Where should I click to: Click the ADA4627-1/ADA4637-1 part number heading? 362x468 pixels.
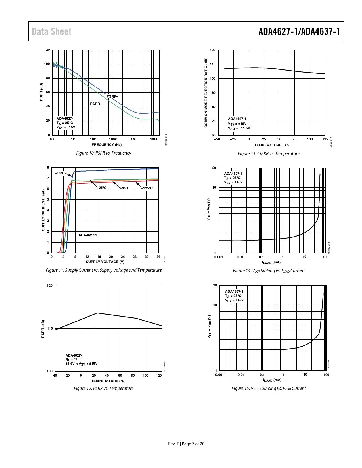pyautogui.click(x=299, y=31)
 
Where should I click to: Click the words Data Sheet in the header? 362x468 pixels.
pyautogui.click(x=52, y=31)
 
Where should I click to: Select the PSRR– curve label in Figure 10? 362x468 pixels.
pyautogui.click(x=112, y=96)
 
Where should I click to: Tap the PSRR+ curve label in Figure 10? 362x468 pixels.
pyautogui.click(x=96, y=104)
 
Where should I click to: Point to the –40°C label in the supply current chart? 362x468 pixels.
pyautogui.click(x=60, y=173)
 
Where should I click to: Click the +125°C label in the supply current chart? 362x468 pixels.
pyautogui.click(x=147, y=188)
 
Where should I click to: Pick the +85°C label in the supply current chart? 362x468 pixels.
pyautogui.click(x=125, y=188)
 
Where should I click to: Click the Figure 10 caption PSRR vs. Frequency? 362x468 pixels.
pyautogui.click(x=104, y=153)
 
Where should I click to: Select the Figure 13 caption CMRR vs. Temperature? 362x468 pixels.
pyautogui.click(x=269, y=154)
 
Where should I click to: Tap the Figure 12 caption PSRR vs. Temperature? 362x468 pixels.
pyautogui.click(x=104, y=389)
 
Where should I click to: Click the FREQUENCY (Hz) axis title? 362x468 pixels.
pyautogui.click(x=106, y=145)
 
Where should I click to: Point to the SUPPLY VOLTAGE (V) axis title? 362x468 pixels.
pyautogui.click(x=105, y=262)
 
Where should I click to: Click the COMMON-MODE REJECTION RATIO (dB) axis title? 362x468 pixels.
pyautogui.click(x=206, y=93)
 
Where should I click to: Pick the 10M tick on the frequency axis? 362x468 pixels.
pyautogui.click(x=153, y=139)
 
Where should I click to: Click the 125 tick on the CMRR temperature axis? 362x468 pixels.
pyautogui.click(x=325, y=139)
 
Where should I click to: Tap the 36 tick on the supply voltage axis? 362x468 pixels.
pyautogui.click(x=158, y=257)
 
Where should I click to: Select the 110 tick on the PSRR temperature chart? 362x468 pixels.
pyautogui.click(x=50, y=328)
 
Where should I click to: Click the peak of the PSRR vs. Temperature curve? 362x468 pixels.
pyautogui.click(x=97, y=313)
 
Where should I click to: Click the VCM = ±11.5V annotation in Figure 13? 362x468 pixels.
pyautogui.click(x=239, y=128)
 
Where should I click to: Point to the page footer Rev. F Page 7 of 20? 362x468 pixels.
pyautogui.click(x=186, y=444)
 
